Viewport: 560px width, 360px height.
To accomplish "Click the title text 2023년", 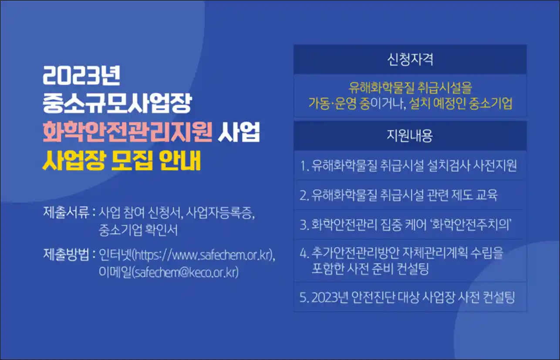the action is pyautogui.click(x=81, y=75).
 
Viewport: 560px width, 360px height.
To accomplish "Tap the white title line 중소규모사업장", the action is pyautogui.click(x=117, y=103).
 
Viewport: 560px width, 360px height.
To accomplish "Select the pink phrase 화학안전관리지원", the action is pyautogui.click(x=128, y=132).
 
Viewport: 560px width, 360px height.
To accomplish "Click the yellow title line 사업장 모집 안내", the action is pyautogui.click(x=121, y=160).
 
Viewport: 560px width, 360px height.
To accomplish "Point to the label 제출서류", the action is pyautogui.click(x=66, y=212).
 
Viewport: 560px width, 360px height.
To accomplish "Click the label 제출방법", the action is pyautogui.click(x=66, y=255).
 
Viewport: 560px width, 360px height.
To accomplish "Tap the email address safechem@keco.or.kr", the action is pyautogui.click(x=185, y=272).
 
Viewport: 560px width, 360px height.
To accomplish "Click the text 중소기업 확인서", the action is pyautogui.click(x=138, y=230).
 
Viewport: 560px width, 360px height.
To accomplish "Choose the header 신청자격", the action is pyautogui.click(x=410, y=60).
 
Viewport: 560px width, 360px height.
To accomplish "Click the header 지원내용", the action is pyautogui.click(x=410, y=136).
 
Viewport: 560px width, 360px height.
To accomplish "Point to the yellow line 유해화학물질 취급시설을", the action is pyautogui.click(x=410, y=88).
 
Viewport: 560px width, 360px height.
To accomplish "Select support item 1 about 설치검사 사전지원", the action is pyautogui.click(x=408, y=165).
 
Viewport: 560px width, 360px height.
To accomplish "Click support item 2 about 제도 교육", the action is pyautogui.click(x=398, y=195).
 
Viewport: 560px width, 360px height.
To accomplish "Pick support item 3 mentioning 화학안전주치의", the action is pyautogui.click(x=405, y=224).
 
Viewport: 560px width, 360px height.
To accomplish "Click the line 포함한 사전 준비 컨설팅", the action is pyautogui.click(x=370, y=268).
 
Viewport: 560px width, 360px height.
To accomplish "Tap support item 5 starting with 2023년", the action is pyautogui.click(x=407, y=297).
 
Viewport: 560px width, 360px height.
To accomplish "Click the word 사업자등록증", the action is pyautogui.click(x=220, y=213).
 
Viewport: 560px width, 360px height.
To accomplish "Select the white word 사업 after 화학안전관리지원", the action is pyautogui.click(x=239, y=132).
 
